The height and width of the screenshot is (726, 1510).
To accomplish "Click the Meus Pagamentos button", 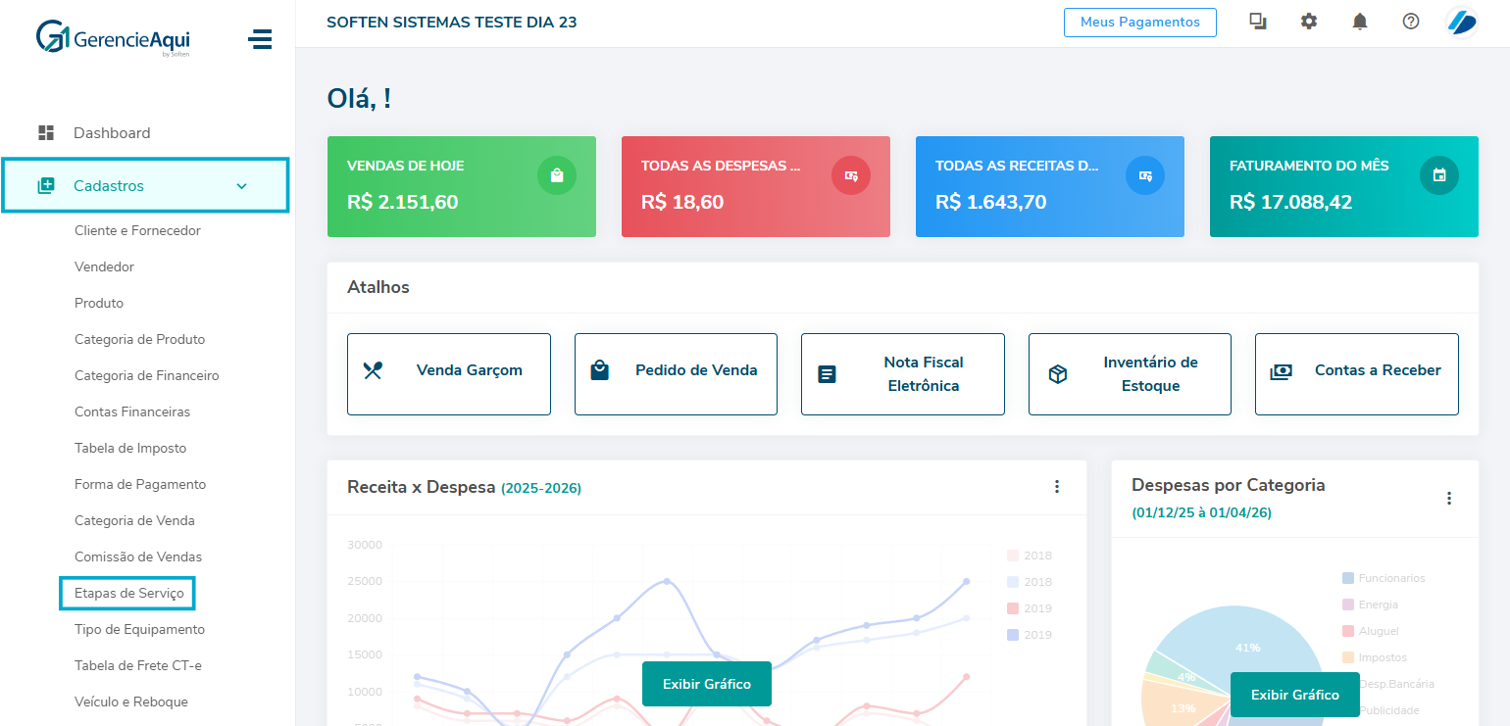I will pos(1139,22).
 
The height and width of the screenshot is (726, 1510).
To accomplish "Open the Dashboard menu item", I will pos(111,133).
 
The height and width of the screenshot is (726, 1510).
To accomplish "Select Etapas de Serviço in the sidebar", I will pos(128,593).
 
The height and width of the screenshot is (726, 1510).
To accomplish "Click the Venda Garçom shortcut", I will pos(449,374).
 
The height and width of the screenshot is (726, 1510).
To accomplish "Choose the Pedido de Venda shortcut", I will pos(676,374).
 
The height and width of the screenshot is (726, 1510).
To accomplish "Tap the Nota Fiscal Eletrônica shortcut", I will pos(903,374).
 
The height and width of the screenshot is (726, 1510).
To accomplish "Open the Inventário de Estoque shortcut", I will pos(1130,374).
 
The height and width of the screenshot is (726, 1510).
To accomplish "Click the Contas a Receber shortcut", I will pos(1357,374).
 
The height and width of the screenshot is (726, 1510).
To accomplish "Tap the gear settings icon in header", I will pos(1309,22).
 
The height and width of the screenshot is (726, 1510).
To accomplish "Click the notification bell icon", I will pos(1360,22).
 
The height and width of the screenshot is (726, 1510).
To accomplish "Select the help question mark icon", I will pos(1411,22).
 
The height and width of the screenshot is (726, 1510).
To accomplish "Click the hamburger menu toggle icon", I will pos(260,39).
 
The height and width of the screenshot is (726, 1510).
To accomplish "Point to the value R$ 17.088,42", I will pos(1292,203).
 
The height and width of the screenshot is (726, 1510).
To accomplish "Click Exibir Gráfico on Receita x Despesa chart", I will pos(706,684).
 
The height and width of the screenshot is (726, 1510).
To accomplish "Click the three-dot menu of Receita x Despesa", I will pos(1057,487).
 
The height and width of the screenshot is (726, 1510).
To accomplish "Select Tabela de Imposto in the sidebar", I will pos(130,448).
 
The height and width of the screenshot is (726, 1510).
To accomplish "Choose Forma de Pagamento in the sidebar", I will pos(140,484).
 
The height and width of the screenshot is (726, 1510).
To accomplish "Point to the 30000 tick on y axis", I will pos(365,545).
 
